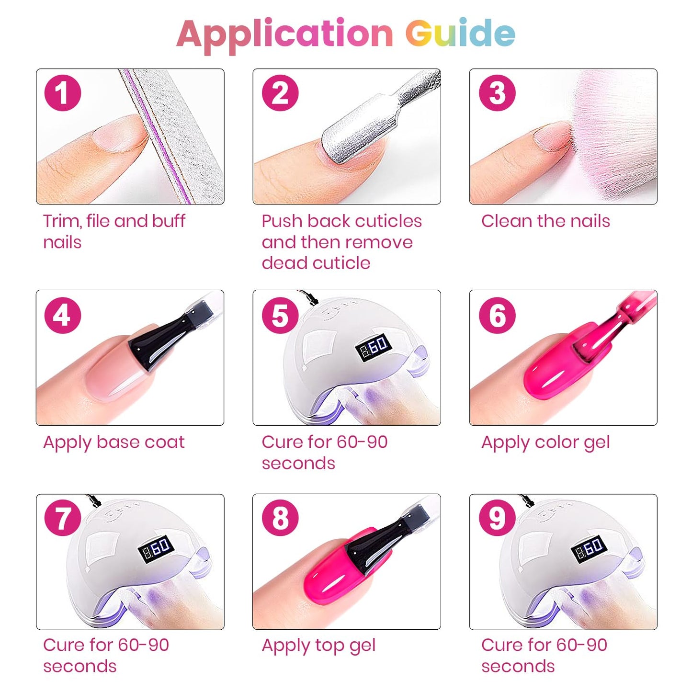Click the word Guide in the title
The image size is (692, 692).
pyautogui.click(x=461, y=33)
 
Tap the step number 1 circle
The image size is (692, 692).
pyautogui.click(x=62, y=92)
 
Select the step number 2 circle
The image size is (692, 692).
pyautogui.click(x=280, y=92)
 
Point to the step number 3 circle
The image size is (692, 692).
pyautogui.click(x=498, y=92)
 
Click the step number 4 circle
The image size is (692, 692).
pyautogui.click(x=62, y=315)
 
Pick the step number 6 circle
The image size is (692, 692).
pyautogui.click(x=498, y=315)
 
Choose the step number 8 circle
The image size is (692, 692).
pyautogui.click(x=280, y=518)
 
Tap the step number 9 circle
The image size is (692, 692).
pyautogui.click(x=498, y=518)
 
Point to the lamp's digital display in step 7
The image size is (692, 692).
pyautogui.click(x=156, y=550)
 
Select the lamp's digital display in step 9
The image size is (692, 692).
pyautogui.click(x=589, y=550)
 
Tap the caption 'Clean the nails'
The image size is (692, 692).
pyautogui.click(x=545, y=221)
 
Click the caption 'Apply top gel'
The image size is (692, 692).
pyautogui.click(x=318, y=646)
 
